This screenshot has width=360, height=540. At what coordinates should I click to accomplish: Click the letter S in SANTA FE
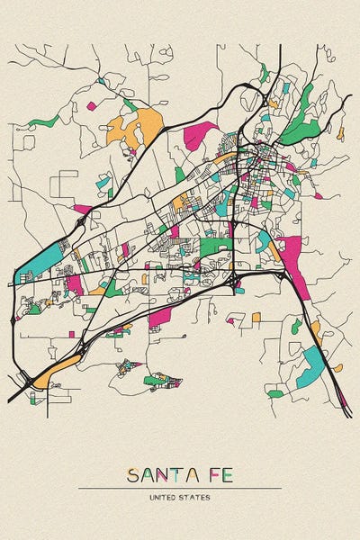click(132, 474)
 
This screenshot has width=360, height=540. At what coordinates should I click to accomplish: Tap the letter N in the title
click(161, 474)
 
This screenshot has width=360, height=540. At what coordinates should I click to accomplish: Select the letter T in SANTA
click(175, 474)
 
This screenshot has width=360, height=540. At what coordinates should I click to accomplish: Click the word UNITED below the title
click(164, 497)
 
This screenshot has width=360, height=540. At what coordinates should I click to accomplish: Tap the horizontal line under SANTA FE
click(180, 488)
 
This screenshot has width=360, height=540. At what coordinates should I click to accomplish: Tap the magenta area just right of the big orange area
click(200, 135)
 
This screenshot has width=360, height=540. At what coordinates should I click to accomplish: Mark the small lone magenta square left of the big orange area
click(91, 105)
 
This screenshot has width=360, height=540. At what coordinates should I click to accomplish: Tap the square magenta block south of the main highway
click(160, 318)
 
